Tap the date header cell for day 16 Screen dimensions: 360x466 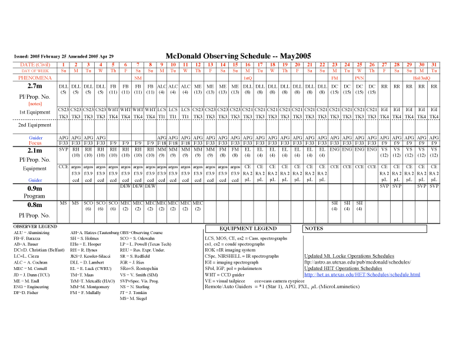coord(248,64)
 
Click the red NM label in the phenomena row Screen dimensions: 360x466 coord(138,78)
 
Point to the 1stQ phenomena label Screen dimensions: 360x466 coord(248,78)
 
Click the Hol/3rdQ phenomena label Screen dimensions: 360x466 coord(421,78)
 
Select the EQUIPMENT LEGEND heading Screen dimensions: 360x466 coord(248,228)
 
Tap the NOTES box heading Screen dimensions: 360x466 coord(315,228)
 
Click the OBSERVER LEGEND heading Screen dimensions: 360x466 coord(36,226)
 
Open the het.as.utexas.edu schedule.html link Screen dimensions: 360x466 coord(362,275)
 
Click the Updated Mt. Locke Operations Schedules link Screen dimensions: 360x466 coord(349,256)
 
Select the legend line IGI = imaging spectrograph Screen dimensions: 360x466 coord(232,262)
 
